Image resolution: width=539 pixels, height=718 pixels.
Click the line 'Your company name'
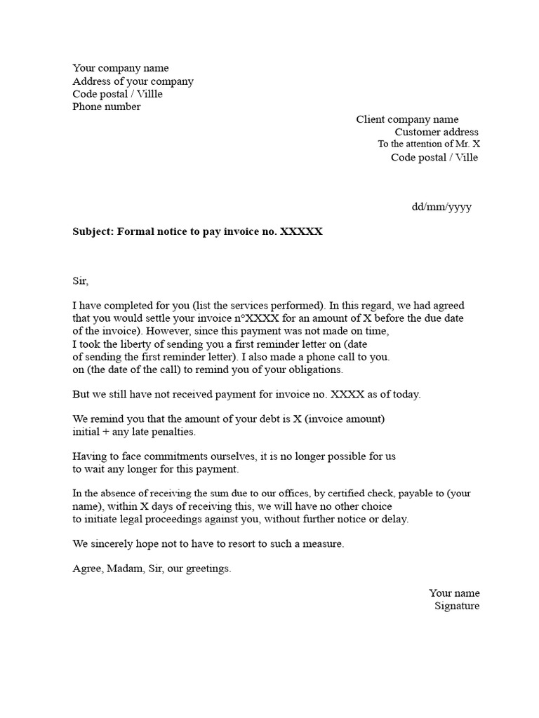tap(121, 68)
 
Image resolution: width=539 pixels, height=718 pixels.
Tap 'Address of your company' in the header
tap(133, 81)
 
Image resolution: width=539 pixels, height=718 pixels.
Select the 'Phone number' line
tap(106, 107)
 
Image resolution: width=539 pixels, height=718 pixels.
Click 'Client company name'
tap(407, 120)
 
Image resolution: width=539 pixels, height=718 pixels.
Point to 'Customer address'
tap(437, 132)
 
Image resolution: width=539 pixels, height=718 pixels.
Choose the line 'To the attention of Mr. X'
tap(429, 144)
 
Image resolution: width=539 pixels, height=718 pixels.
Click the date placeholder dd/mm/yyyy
tap(441, 208)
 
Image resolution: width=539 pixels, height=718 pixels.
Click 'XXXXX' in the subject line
tap(301, 231)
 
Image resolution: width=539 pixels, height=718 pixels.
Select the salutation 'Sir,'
tap(81, 280)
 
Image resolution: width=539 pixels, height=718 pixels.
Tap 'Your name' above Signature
tap(454, 593)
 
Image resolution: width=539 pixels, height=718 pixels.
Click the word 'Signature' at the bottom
tap(457, 606)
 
